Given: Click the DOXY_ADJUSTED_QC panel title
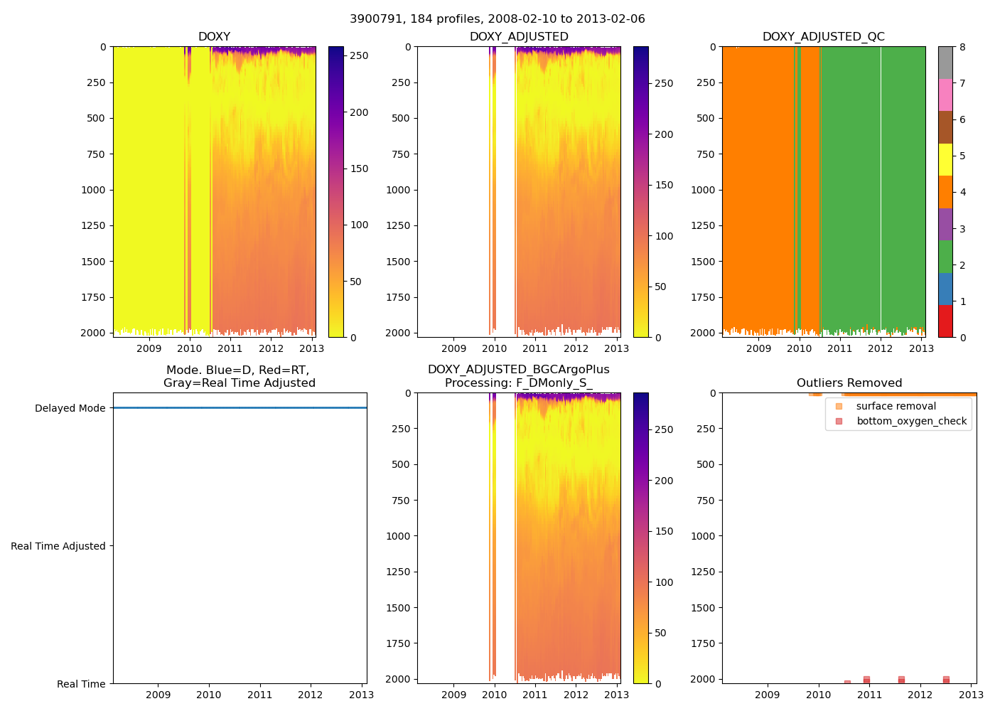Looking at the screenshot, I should pyautogui.click(x=823, y=36).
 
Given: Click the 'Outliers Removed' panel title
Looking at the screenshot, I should pyautogui.click(x=849, y=383).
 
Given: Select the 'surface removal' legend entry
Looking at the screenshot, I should pyautogui.click(x=895, y=406).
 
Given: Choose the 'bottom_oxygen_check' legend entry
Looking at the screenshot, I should pyautogui.click(x=911, y=421).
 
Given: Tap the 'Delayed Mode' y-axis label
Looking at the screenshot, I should pyautogui.click(x=70, y=408).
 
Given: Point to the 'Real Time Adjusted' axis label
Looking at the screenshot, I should pyautogui.click(x=58, y=546).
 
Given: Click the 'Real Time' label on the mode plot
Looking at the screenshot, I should pyautogui.click(x=81, y=684).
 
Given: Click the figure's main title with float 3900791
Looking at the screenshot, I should pyautogui.click(x=497, y=18).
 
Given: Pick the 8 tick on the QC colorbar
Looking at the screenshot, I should pyautogui.click(x=962, y=47).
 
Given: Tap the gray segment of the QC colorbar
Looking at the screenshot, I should pyautogui.click(x=945, y=63).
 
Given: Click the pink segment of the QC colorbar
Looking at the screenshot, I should pyautogui.click(x=945, y=95).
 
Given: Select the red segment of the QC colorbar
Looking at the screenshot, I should pyautogui.click(x=945, y=321).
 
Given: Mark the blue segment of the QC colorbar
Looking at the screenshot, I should pyautogui.click(x=945, y=289).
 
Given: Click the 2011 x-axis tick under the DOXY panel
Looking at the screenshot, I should pyautogui.click(x=230, y=348).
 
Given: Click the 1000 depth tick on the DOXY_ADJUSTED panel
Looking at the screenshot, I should pyautogui.click(x=398, y=190).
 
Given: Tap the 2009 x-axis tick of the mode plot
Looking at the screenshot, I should pyautogui.click(x=158, y=695).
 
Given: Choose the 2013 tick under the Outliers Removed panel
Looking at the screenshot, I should pyautogui.click(x=972, y=695).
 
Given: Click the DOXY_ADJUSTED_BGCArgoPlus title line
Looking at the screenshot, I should pyautogui.click(x=518, y=370).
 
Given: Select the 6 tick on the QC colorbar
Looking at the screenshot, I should pyautogui.click(x=962, y=119).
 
